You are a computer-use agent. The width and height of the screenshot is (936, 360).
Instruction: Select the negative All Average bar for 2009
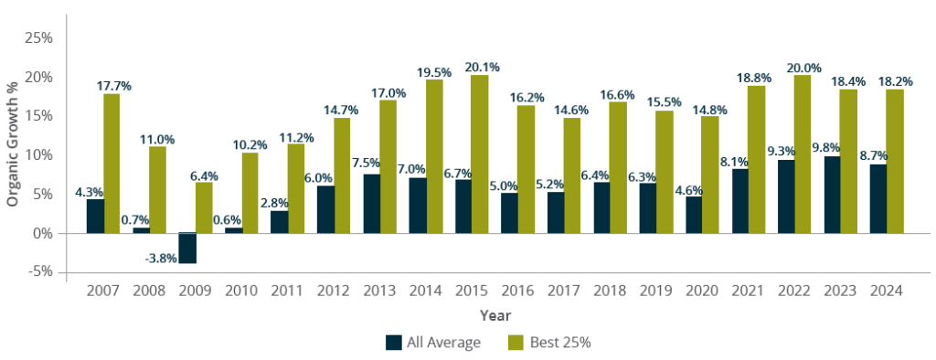pyautogui.click(x=187, y=248)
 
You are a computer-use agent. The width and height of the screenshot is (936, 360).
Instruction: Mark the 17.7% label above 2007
pyautogui.click(x=113, y=85)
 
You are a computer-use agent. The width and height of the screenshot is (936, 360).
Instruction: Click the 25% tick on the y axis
pyautogui.click(x=38, y=38)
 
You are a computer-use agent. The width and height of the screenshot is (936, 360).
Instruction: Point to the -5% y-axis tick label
pyautogui.click(x=40, y=272)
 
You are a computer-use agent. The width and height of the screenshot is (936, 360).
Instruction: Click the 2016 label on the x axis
pyautogui.click(x=517, y=291)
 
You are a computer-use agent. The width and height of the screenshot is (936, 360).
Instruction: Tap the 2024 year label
pyautogui.click(x=886, y=291)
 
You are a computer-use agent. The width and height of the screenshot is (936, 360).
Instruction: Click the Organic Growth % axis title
pyautogui.click(x=13, y=144)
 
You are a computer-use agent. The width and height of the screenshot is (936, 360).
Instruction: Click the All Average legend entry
pyautogui.click(x=432, y=343)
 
